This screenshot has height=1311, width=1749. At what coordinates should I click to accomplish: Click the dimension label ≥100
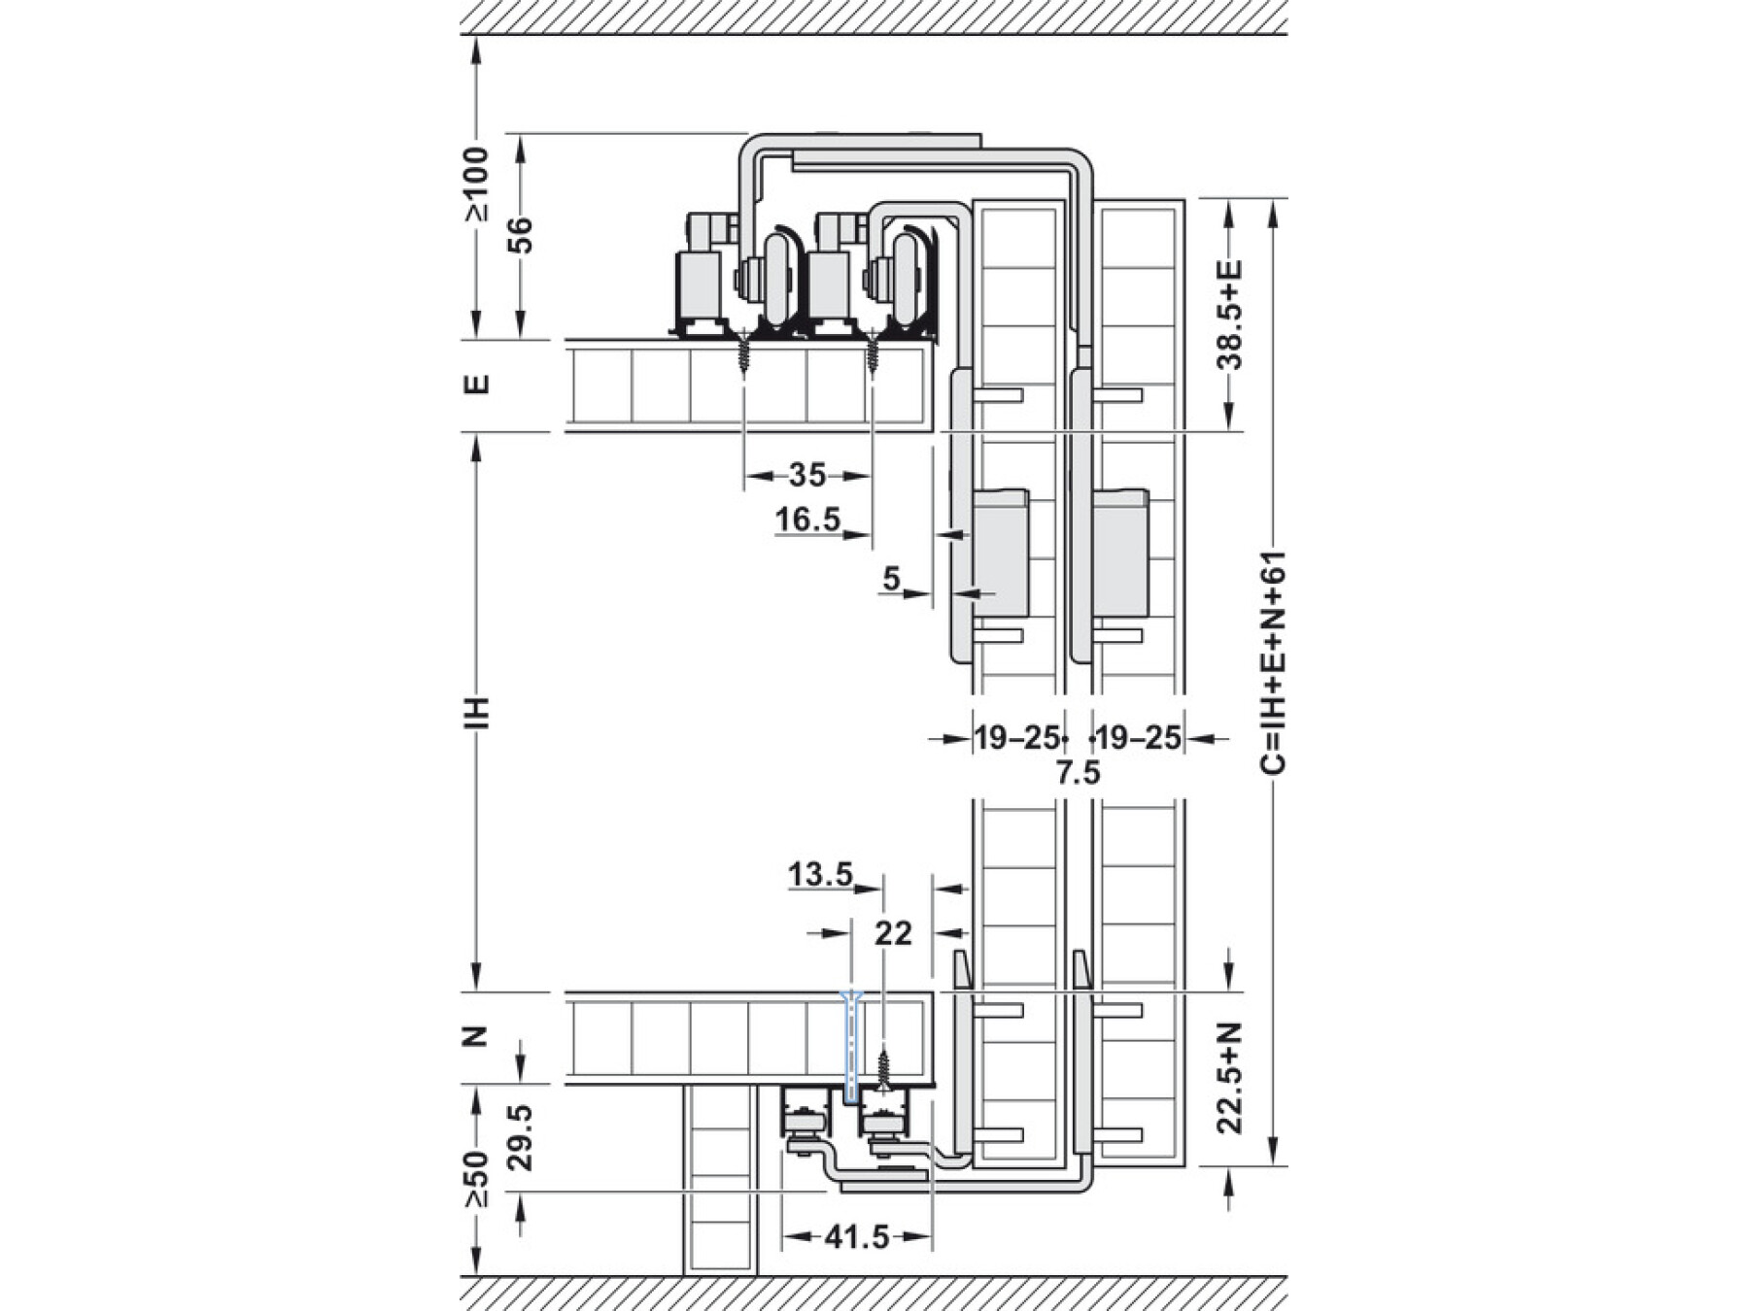476,185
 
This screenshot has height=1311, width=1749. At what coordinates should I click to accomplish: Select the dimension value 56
522,235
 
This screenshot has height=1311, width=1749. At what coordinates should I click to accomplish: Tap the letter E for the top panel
476,385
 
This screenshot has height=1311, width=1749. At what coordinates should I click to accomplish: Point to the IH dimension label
476,713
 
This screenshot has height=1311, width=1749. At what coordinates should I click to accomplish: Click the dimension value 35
806,475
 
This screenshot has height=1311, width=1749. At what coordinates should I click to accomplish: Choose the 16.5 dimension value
807,520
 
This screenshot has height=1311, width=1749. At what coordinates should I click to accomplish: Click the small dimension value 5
892,579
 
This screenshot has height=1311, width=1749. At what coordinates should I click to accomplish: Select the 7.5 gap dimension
1079,773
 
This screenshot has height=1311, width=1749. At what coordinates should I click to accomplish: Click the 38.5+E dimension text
1231,314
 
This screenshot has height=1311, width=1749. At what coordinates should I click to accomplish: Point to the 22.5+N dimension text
1231,1077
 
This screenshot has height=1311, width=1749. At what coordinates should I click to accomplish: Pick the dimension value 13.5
820,875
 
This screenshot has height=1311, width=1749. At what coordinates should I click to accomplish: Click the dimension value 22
893,933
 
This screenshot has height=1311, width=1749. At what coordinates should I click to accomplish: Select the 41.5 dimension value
857,1237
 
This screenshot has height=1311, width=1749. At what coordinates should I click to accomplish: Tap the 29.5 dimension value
522,1136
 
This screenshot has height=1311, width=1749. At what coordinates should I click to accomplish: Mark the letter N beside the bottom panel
476,1037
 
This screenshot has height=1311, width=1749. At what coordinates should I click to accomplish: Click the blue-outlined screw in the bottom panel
851,1047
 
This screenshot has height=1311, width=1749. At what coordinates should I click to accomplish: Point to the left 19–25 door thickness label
1015,738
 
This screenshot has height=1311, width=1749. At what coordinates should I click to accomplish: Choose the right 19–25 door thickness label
1140,738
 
